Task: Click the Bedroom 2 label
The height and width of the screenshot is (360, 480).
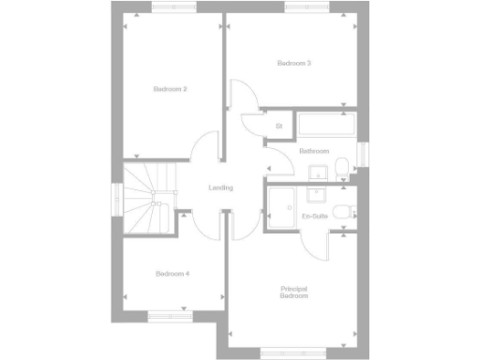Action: point(171,89)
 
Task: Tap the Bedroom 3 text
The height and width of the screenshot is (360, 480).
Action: point(293,63)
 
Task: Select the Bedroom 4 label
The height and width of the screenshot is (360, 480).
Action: point(172,274)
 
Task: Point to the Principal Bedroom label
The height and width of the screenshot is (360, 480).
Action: point(294,292)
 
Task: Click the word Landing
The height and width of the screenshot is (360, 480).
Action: point(220,188)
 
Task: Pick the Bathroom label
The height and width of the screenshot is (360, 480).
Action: point(314,151)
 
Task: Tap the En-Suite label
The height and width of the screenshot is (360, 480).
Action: point(314,217)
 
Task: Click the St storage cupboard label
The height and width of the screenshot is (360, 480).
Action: point(278,126)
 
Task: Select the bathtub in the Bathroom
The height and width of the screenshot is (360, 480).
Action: point(324,125)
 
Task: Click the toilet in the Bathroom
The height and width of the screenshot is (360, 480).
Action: point(342,168)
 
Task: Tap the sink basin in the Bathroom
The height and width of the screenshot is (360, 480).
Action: point(318,171)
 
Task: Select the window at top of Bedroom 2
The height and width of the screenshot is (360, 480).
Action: point(175,7)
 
